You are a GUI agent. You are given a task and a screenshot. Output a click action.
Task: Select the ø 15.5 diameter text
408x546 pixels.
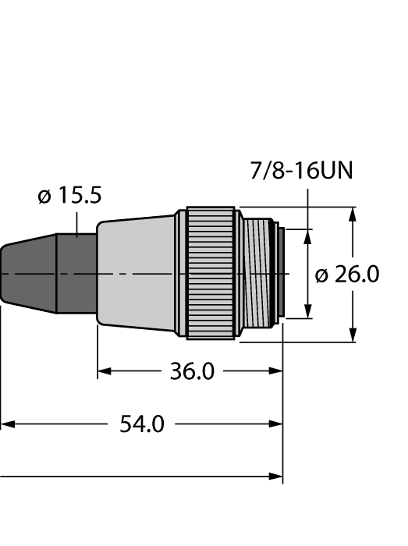[69, 196]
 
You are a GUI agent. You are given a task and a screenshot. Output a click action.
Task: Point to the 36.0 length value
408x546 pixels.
[192, 371]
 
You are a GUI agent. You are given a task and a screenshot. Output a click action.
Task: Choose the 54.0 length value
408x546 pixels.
[141, 424]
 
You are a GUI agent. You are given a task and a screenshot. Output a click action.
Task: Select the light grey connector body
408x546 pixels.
[137, 272]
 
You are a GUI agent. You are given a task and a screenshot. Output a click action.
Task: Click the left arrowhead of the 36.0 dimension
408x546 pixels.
[103, 372]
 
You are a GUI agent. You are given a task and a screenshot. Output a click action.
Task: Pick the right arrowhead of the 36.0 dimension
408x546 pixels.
[276, 372]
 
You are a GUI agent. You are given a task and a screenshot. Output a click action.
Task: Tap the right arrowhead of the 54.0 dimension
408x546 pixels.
[276, 424]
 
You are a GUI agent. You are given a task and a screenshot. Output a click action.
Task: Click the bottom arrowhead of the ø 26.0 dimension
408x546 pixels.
[354, 335]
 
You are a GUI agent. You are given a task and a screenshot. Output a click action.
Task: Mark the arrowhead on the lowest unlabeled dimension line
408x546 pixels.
[276, 476]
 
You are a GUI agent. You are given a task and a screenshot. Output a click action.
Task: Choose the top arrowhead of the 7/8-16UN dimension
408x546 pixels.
[310, 234]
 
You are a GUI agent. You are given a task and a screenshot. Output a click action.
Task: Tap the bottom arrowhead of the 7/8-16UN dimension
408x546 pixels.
[310, 313]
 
